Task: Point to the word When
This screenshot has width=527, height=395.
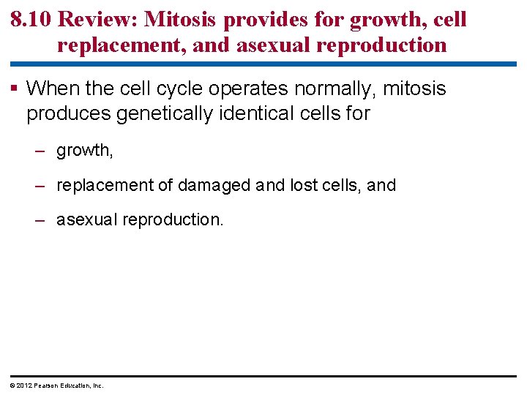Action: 48,89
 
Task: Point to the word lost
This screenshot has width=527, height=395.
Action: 304,185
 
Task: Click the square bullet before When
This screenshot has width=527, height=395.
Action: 15,89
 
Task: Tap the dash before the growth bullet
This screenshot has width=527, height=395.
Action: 42,151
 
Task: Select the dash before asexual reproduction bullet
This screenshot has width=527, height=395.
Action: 42,219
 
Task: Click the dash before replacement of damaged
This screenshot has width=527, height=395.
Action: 42,185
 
